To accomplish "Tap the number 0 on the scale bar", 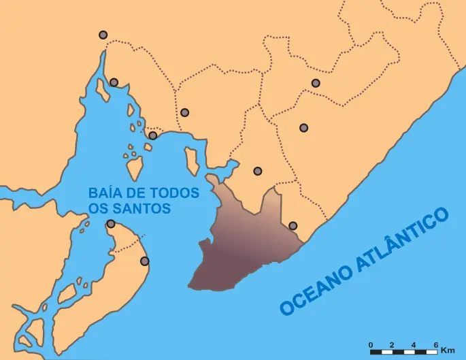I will coord(371,345).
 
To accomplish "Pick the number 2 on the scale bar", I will coord(393,345).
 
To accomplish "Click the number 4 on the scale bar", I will coord(414,345).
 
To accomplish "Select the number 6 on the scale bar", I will coord(435,345).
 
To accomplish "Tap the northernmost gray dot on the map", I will coord(103,35).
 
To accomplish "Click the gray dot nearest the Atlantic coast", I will coord(293,226).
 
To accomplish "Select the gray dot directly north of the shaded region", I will coord(257,171).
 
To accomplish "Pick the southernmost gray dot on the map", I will coord(144,261).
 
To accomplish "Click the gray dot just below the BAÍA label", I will coord(111,224).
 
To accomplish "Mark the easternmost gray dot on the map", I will coord(316,83).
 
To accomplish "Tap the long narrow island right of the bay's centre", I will coord(192,161).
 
